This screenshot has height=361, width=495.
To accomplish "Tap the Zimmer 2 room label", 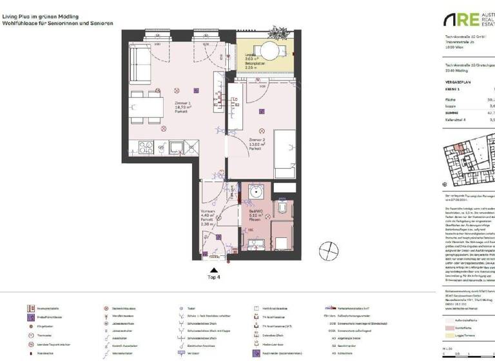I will pyautogui.click(x=257, y=142).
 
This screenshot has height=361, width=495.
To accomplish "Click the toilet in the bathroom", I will pyautogui.click(x=284, y=206).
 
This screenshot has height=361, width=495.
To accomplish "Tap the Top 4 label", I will pyautogui.click(x=214, y=277).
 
